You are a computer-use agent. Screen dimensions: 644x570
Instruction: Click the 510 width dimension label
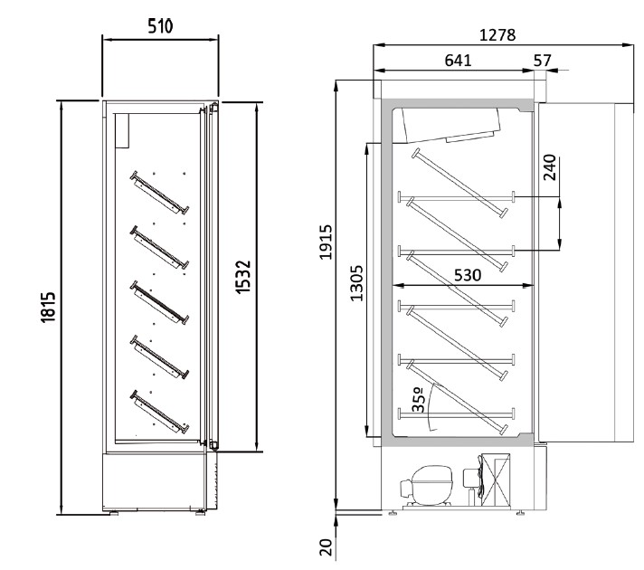(160, 26)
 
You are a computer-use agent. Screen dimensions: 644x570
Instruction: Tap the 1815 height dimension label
(48, 307)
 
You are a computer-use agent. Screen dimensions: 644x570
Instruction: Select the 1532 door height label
(243, 277)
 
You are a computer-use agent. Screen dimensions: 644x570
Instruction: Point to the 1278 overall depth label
(497, 35)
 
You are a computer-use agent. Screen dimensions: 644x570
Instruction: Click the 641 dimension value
(458, 61)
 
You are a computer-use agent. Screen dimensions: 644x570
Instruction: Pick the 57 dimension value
(542, 61)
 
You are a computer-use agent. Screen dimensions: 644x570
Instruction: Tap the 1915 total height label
(326, 242)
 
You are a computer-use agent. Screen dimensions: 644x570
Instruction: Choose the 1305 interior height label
(356, 283)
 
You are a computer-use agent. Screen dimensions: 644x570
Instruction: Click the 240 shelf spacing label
(550, 167)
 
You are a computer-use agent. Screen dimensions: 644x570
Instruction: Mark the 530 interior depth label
(468, 275)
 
